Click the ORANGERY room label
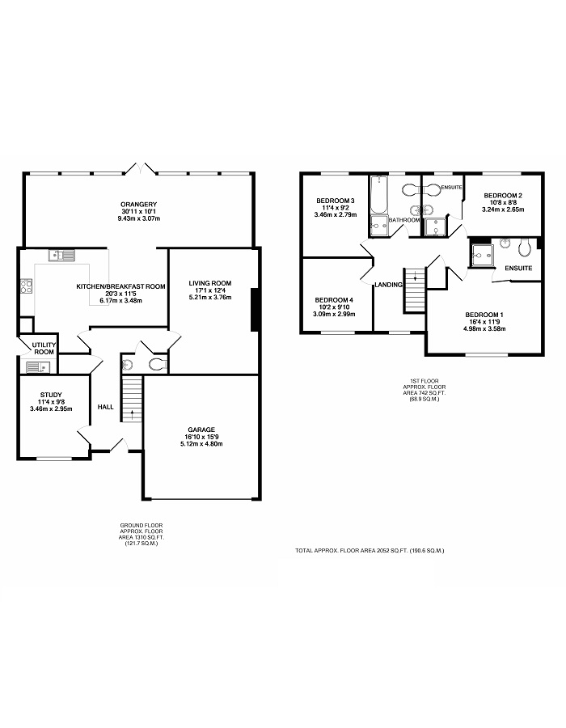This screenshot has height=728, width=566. (x=139, y=204)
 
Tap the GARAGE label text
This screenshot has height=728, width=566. (x=201, y=430)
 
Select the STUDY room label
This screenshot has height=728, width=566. (x=51, y=395)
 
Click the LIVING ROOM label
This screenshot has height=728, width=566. (x=209, y=283)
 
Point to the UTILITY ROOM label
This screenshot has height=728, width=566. (x=44, y=348)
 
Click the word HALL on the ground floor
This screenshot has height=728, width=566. (x=106, y=407)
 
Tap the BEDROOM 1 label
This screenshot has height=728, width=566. (x=484, y=315)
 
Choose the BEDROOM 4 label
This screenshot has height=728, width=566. (x=334, y=300)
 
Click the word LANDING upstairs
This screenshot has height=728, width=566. (x=388, y=285)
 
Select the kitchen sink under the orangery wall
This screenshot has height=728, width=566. (x=61, y=255)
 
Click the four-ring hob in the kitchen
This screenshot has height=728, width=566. (x=26, y=286)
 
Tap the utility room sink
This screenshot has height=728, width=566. (x=38, y=367)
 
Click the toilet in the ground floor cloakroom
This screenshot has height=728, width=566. (x=158, y=365)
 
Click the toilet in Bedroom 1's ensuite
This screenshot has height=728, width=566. (x=525, y=248)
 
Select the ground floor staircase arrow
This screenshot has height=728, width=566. (x=132, y=413)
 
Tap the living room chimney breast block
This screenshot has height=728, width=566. (x=254, y=310)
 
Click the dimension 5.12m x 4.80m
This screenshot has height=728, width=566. (x=201, y=444)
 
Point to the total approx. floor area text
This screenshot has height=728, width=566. (x=370, y=551)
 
